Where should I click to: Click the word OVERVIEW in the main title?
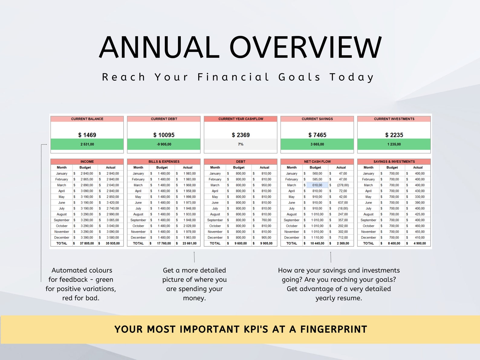[305, 47]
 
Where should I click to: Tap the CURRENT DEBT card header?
[164, 119]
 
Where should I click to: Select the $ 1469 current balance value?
[87, 135]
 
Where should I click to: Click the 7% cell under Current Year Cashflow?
[241, 144]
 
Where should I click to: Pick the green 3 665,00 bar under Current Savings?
[317, 144]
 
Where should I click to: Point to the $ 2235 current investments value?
[394, 135]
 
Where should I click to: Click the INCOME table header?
[87, 161]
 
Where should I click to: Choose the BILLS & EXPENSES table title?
[164, 161]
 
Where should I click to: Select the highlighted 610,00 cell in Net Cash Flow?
[317, 185]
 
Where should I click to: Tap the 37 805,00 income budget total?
[87, 243]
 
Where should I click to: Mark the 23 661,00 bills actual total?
[190, 243]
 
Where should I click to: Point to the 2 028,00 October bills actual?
[190, 226]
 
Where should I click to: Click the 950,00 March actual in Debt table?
[266, 185]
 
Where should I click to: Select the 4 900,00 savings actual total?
[420, 243]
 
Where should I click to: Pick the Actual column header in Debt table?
[264, 167]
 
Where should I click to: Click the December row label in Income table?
[62, 238]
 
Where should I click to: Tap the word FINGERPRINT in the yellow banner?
[333, 329]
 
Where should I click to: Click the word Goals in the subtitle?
[299, 77]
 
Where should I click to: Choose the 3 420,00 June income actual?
[113, 203]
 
